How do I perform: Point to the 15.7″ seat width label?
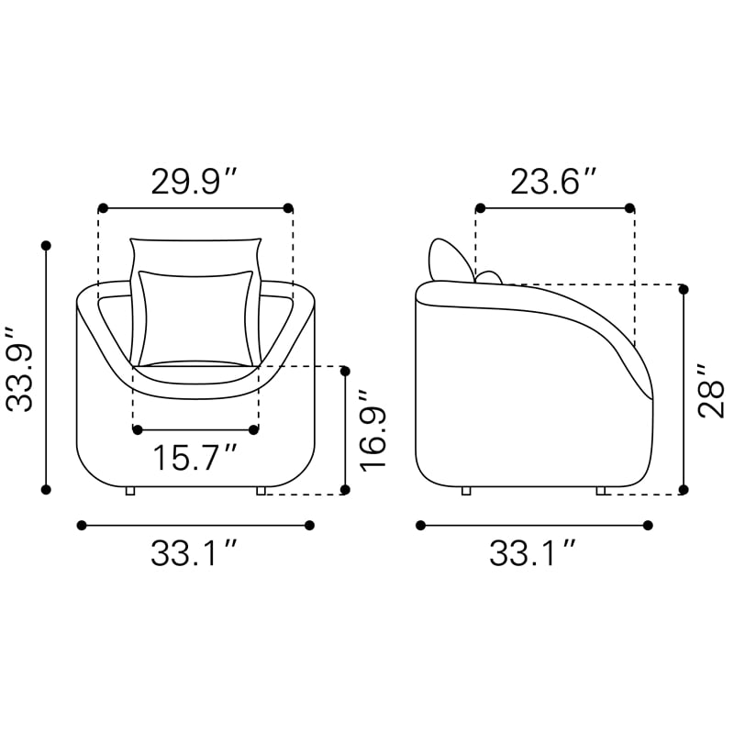pyautogui.click(x=195, y=457)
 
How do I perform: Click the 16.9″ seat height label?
pyautogui.click(x=373, y=428)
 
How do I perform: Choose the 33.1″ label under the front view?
pyautogui.click(x=195, y=553)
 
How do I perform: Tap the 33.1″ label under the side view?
pyautogui.click(x=533, y=553)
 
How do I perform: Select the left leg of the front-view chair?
pyautogui.click(x=130, y=491)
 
